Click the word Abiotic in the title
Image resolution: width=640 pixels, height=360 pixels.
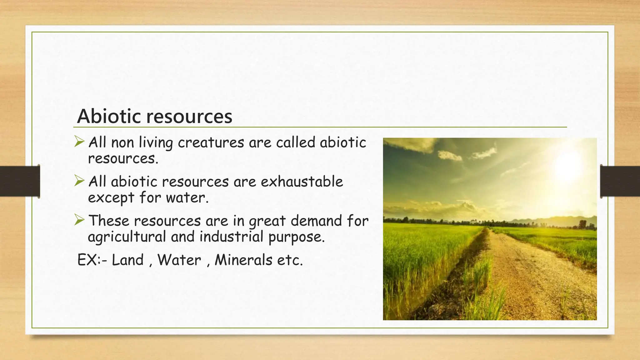click(110, 116)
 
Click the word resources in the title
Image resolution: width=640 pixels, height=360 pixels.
click(189, 117)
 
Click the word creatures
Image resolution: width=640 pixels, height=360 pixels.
click(211, 143)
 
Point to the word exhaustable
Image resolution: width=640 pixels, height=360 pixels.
click(302, 182)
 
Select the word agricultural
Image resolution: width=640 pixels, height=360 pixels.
click(127, 237)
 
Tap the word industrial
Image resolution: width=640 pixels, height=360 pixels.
click(232, 237)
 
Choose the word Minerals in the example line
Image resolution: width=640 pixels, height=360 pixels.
click(243, 260)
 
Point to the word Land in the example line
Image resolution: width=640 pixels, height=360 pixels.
click(127, 260)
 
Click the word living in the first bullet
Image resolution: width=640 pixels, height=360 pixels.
click(156, 143)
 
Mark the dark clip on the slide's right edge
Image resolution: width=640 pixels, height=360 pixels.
click(620, 181)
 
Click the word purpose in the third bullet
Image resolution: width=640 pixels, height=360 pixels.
click(296, 237)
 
